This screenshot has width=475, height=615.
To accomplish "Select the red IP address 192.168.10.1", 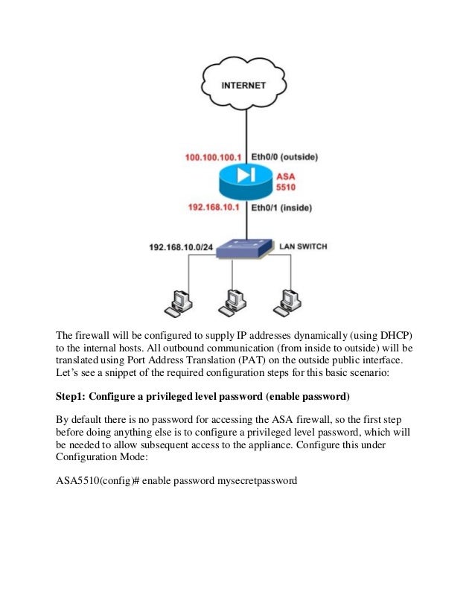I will pos(214,207).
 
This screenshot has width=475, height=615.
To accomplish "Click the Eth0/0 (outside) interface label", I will pos(284,157).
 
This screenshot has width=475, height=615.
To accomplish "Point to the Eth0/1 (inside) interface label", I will pos(281,207).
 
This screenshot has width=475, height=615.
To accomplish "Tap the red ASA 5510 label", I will pos(286,182).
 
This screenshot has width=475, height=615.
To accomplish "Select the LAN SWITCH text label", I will pos(303,245).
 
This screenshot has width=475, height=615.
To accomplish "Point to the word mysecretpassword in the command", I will pos(257,481).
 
